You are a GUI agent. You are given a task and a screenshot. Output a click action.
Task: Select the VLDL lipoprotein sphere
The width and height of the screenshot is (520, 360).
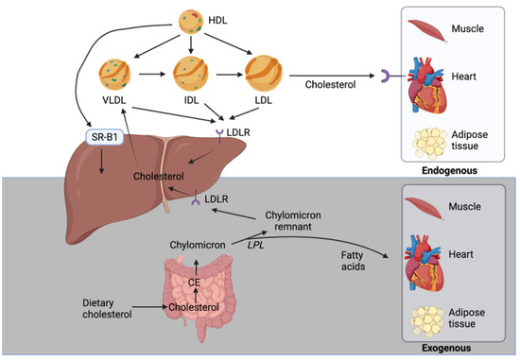[116, 75]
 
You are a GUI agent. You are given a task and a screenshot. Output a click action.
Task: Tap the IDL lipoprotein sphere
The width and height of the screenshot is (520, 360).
[191, 75]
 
